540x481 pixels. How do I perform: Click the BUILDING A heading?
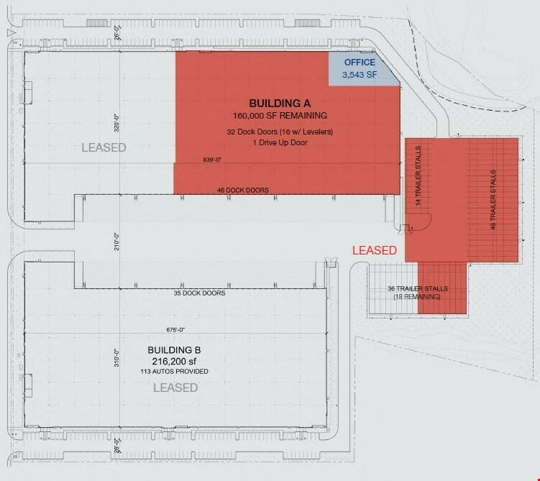pos(280,104)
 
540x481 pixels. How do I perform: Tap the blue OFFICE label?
pos(360,63)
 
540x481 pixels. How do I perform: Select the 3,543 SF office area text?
pos(360,75)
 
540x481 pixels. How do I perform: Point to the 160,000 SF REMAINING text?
pos(280,116)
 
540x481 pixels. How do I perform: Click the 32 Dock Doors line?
pos(280,132)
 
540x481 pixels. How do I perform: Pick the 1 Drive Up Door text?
pos(280,142)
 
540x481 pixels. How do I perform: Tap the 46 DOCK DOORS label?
pos(243,190)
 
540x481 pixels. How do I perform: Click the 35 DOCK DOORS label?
pos(199,293)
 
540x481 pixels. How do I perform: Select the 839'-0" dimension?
pos(212,160)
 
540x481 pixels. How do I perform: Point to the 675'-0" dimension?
pos(175,330)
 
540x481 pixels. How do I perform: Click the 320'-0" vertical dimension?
pos(116,123)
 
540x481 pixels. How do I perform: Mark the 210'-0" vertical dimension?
pos(116,242)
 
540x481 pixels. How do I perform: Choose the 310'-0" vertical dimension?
pos(116,358)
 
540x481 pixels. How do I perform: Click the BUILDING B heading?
pos(174,350)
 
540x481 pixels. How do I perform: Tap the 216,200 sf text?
pos(174,362)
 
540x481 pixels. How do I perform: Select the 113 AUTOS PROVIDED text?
pos(174,372)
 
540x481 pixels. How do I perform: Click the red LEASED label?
pos(375,250)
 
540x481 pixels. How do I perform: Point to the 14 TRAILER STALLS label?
pos(418,175)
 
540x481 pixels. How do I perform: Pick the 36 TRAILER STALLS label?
pos(418,288)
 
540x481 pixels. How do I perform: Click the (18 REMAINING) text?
pos(417,297)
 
